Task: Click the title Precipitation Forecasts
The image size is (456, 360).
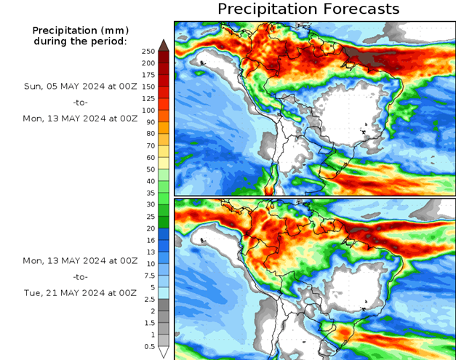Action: (x=308, y=9)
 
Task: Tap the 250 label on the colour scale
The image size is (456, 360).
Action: (x=148, y=51)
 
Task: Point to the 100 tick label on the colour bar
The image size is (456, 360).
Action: (x=148, y=110)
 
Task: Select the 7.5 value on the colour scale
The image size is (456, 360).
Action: (x=148, y=276)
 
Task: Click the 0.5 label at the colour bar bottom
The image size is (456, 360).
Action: (x=148, y=346)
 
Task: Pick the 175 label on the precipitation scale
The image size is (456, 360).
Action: (x=148, y=75)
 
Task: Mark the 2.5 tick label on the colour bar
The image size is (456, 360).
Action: (x=148, y=299)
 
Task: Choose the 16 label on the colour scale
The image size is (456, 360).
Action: (x=148, y=240)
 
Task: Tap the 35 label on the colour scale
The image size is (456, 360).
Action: (x=148, y=193)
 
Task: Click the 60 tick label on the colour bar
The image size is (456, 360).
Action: (x=148, y=157)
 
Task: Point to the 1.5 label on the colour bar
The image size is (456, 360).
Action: (x=148, y=323)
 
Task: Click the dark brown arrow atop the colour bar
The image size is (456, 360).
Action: (x=164, y=45)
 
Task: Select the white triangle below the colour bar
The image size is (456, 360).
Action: (x=164, y=352)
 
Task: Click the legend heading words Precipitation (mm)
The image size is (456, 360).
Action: (x=80, y=31)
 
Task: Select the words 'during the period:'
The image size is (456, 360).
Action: (x=80, y=41)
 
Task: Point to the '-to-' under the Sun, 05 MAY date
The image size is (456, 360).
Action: (x=80, y=102)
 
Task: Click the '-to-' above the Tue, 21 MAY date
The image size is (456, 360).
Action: (x=80, y=276)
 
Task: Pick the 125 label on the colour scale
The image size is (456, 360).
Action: (x=148, y=98)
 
